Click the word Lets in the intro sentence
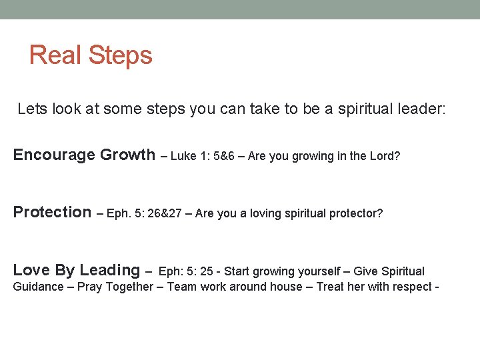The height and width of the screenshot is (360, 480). (x=31, y=109)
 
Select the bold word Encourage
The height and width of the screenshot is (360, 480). (x=55, y=155)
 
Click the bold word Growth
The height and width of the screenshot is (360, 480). (x=127, y=155)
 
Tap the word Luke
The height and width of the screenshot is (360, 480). (x=185, y=156)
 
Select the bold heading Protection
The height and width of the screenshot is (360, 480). (x=52, y=213)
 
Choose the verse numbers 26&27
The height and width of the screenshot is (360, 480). (x=166, y=213)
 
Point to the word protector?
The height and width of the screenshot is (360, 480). (x=355, y=213)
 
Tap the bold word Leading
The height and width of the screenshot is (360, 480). (x=109, y=271)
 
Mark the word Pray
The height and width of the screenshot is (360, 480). (x=89, y=287)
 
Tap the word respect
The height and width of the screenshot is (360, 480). (x=413, y=287)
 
